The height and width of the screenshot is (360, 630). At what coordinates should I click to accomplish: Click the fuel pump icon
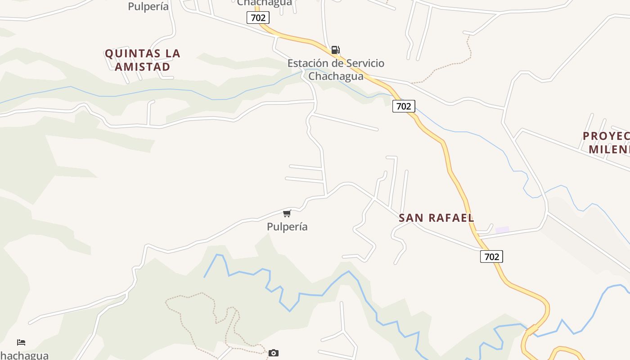(x=335, y=50)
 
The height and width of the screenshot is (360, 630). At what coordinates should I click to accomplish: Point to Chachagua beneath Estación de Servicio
(x=336, y=76)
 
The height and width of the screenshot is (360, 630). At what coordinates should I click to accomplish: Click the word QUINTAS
(x=132, y=54)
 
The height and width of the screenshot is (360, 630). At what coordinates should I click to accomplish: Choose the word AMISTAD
(x=142, y=67)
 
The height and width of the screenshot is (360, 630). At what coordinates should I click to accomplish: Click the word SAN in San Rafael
(x=411, y=218)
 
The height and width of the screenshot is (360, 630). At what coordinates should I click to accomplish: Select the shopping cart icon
(x=287, y=213)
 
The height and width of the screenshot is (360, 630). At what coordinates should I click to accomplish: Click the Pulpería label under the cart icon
(x=287, y=226)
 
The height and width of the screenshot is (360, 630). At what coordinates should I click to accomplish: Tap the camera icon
(x=273, y=353)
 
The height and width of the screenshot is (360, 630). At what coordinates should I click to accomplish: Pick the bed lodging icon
(x=21, y=342)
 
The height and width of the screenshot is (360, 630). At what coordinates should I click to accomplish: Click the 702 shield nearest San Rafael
(x=491, y=256)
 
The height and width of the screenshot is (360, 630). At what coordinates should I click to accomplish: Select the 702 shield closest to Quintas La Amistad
(x=258, y=18)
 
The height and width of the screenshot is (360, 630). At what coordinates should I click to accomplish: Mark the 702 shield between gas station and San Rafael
(x=403, y=106)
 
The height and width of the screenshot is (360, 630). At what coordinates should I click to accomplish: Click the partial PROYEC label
(x=606, y=136)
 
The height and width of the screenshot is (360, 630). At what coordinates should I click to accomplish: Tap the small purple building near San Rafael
(x=502, y=230)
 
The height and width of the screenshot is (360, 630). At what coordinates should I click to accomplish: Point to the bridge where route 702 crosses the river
(x=532, y=330)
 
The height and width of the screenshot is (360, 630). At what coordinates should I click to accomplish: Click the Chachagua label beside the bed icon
(x=24, y=355)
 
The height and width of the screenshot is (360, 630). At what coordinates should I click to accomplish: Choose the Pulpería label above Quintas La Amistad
(x=148, y=6)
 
